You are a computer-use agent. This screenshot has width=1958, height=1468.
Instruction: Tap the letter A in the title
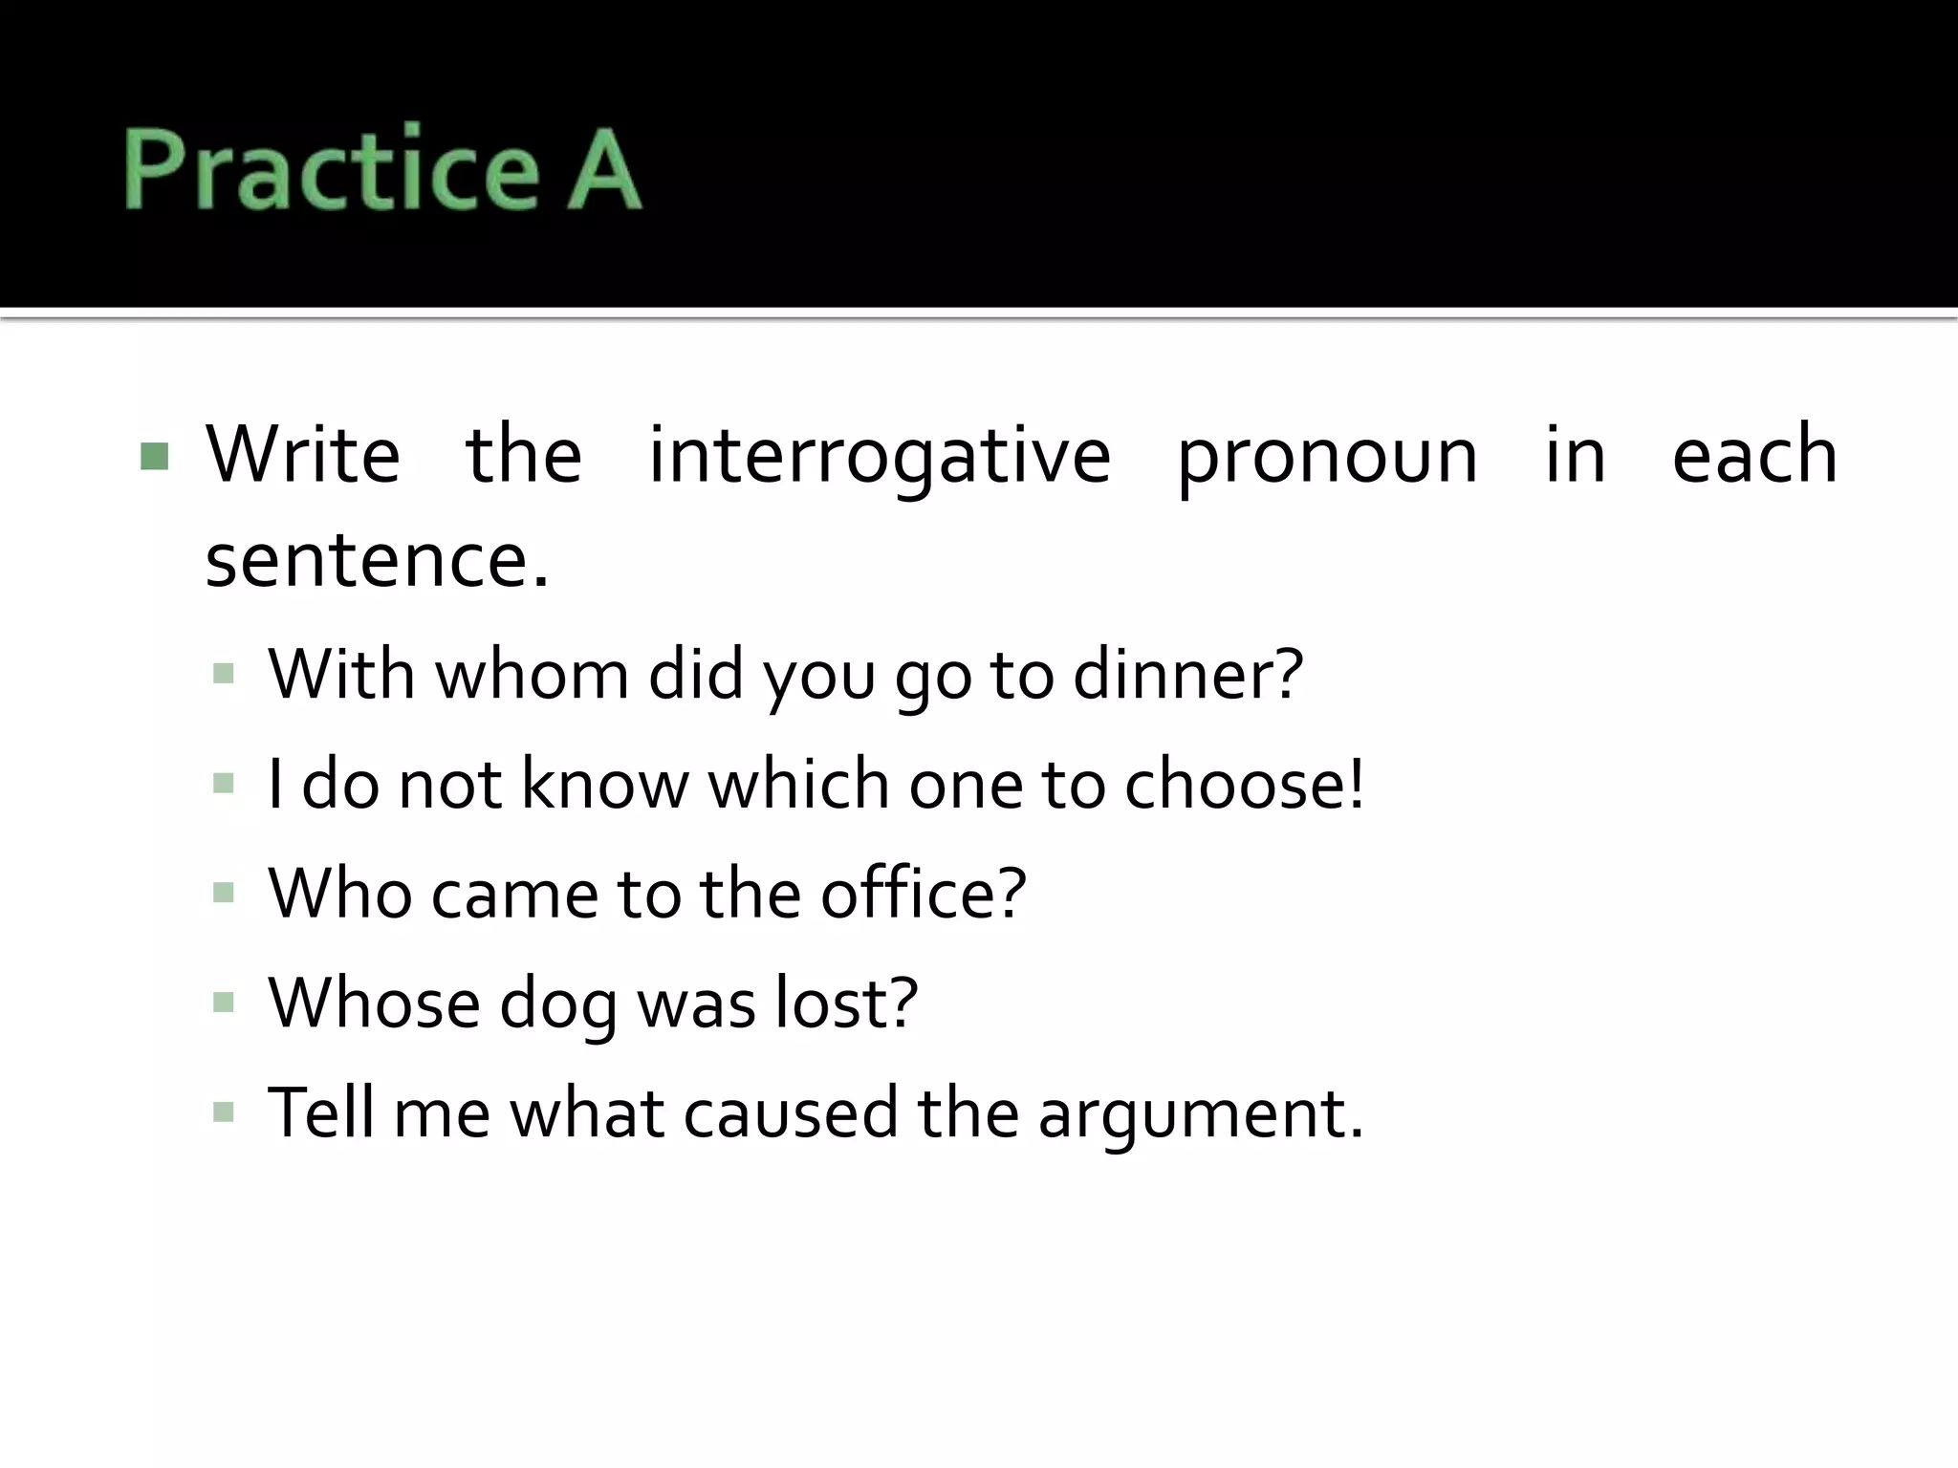tap(603, 168)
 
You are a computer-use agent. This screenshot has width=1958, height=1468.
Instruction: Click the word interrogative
tap(880, 455)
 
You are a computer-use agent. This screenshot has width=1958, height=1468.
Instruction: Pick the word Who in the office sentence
tap(339, 894)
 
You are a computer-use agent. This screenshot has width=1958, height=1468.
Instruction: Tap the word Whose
tap(374, 1004)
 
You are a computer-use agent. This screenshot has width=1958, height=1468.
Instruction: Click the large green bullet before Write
tap(154, 457)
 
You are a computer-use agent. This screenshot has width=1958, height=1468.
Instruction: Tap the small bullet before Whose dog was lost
tap(224, 1003)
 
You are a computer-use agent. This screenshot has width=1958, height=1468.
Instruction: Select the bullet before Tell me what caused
tap(224, 1112)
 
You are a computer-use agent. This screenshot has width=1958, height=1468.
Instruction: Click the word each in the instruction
tap(1754, 455)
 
